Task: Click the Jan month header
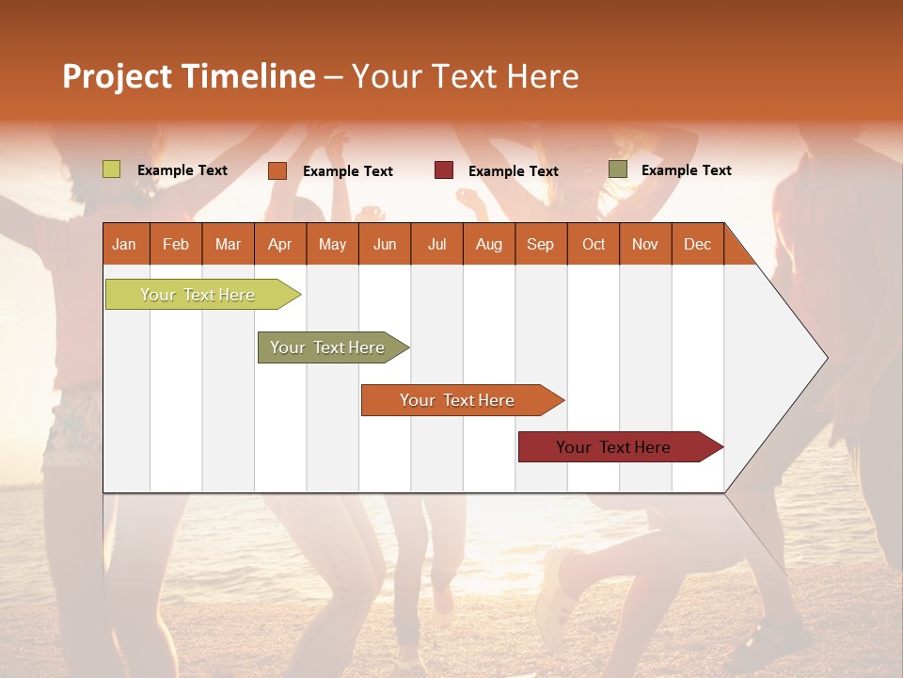[x=125, y=244]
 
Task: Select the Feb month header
[x=176, y=244]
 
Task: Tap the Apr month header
[x=279, y=244]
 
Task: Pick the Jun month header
[x=385, y=244]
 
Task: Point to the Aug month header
[x=488, y=244]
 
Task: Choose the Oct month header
[x=594, y=244]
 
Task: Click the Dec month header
[x=697, y=244]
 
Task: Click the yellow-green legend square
[x=111, y=169]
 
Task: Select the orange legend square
[x=277, y=170]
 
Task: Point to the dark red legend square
[x=443, y=170]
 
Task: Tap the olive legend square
[x=617, y=169]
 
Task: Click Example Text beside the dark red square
[x=513, y=170]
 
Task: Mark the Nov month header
[x=644, y=244]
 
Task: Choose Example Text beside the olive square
[x=686, y=169]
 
